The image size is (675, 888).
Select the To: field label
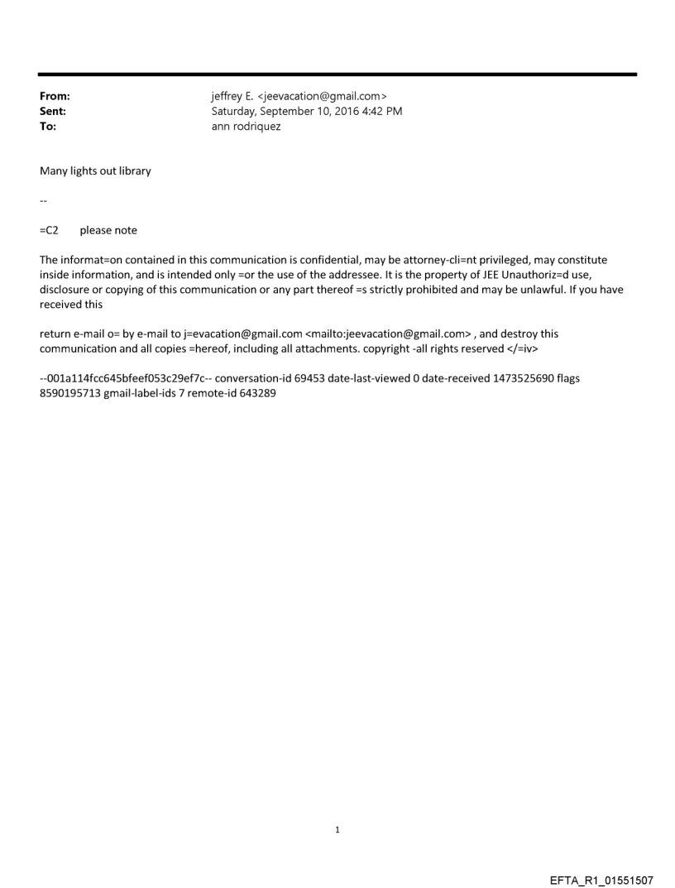pos(48,127)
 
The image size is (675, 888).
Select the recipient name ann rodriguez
pos(247,127)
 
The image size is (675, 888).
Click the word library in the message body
pos(132,171)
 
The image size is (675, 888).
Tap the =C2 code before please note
pos(49,230)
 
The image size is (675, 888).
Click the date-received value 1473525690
pos(520,378)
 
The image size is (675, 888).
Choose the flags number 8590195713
pos(69,393)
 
